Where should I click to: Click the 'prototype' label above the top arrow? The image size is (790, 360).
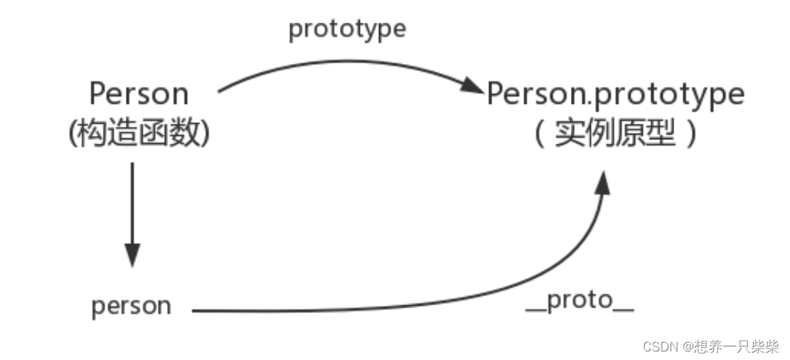[x=347, y=30]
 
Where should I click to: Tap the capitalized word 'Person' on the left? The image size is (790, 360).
[x=139, y=93]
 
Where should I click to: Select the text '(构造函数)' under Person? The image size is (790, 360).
[x=139, y=134]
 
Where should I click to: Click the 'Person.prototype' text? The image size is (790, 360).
[x=615, y=93]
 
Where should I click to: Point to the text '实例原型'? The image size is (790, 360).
[x=615, y=134]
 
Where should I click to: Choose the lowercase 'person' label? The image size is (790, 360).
[x=132, y=306]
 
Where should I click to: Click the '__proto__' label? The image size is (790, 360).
[x=579, y=301]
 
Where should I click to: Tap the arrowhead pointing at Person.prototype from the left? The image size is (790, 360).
[x=471, y=87]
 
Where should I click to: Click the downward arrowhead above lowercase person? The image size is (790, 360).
[x=132, y=254]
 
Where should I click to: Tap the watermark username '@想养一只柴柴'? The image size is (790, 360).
[x=732, y=346]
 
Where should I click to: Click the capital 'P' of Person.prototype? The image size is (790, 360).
[x=496, y=93]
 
